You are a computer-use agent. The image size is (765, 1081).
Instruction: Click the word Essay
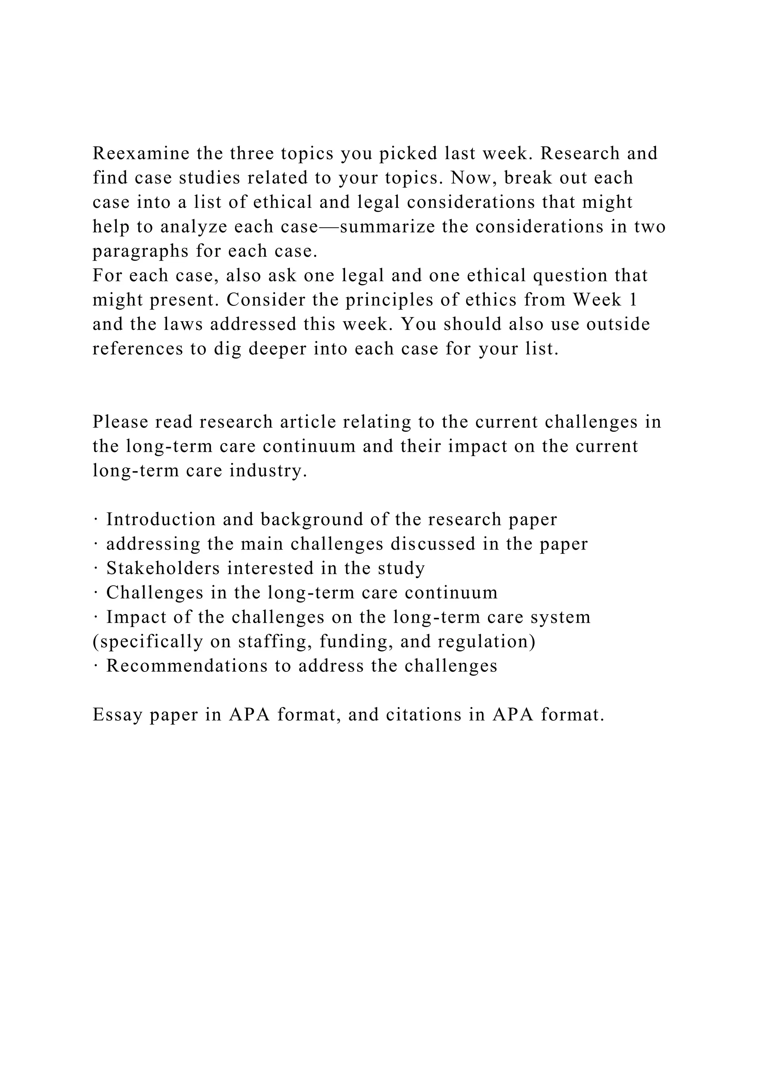(x=117, y=715)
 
